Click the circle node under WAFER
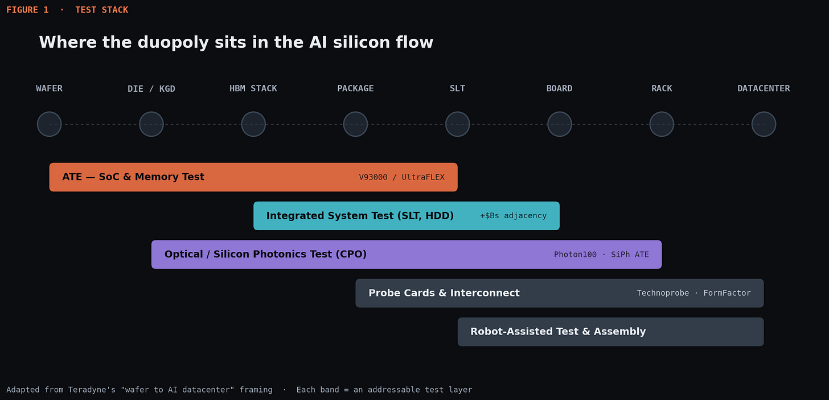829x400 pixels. [x=49, y=124]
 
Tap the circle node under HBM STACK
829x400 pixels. [x=253, y=124]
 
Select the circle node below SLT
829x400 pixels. [x=457, y=124]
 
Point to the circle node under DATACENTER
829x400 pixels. [x=764, y=124]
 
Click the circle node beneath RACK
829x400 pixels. [x=662, y=124]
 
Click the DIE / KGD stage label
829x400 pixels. [x=151, y=89]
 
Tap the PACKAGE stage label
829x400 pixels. [x=355, y=88]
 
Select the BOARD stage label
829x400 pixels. [x=559, y=88]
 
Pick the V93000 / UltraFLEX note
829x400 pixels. [x=401, y=177]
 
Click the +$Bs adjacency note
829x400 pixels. [x=514, y=216]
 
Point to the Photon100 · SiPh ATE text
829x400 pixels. [x=601, y=255]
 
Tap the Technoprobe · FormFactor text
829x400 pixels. [x=693, y=293]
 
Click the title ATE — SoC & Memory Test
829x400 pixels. [x=133, y=177]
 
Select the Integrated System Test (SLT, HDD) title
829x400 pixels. [x=360, y=216]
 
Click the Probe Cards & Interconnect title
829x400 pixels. [x=444, y=293]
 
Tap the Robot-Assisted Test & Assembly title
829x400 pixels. [x=558, y=332]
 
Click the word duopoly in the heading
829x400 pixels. [x=173, y=43]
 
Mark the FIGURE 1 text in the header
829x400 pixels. [x=27, y=10]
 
